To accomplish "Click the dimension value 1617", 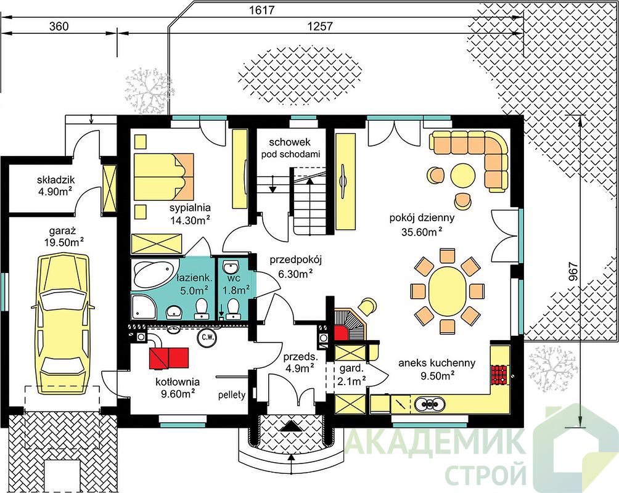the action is pyautogui.click(x=262, y=10).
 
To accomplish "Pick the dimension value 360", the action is pyautogui.click(x=59, y=26).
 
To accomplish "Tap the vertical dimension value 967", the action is pyautogui.click(x=574, y=272).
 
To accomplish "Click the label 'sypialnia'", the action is pyautogui.click(x=191, y=208).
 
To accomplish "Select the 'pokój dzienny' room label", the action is pyautogui.click(x=422, y=218).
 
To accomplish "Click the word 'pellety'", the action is pyautogui.click(x=232, y=394).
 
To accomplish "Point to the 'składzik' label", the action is pyautogui.click(x=55, y=180).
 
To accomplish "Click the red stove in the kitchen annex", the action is pyautogui.click(x=499, y=374).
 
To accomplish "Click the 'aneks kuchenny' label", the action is pyautogui.click(x=437, y=363).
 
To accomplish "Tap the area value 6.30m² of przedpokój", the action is pyautogui.click(x=296, y=274).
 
